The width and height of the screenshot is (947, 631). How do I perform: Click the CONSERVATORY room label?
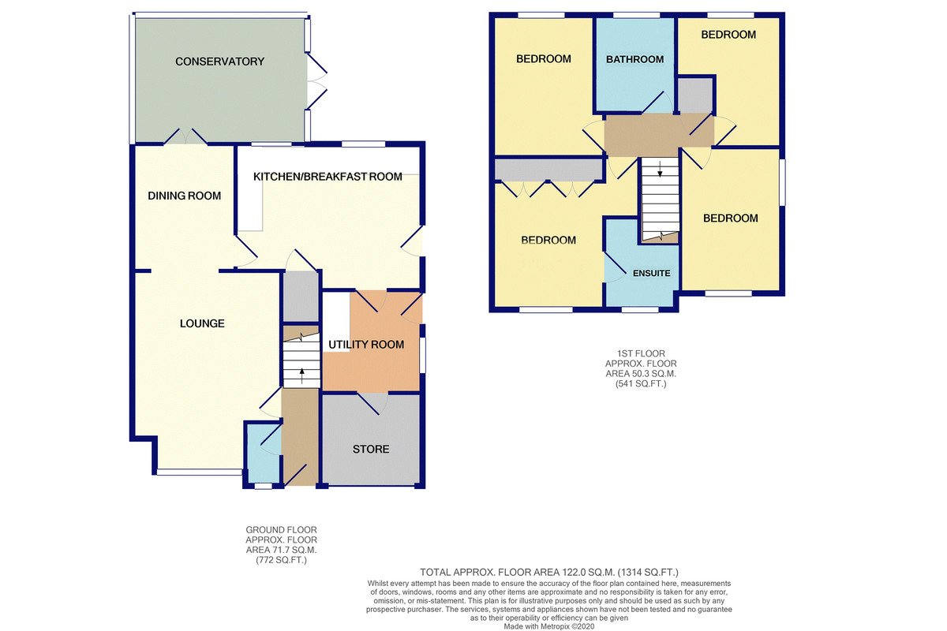point(219,62)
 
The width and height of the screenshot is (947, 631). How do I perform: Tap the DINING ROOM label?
point(185,196)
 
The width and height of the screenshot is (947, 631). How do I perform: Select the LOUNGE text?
point(202,323)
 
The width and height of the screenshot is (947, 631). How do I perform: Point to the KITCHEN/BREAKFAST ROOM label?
point(328,177)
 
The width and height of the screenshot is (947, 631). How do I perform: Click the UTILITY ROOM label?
point(366,345)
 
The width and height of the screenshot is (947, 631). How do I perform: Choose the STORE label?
point(371,449)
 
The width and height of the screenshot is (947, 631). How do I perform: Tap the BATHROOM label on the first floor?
point(634,60)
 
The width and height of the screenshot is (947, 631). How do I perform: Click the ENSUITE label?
point(652,274)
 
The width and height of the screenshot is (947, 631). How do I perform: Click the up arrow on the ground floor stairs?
point(301,375)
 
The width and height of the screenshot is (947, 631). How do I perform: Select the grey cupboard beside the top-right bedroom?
point(695,95)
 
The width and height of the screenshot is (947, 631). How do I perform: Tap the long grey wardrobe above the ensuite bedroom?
point(548,170)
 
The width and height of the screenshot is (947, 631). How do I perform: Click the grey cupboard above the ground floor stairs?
point(300,297)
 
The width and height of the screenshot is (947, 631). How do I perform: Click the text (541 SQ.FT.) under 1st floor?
point(641,384)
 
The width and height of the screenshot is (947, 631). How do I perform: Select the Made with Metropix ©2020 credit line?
point(548,626)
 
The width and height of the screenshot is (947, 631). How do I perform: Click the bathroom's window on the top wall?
point(636,15)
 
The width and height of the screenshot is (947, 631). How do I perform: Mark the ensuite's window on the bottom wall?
point(640,310)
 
